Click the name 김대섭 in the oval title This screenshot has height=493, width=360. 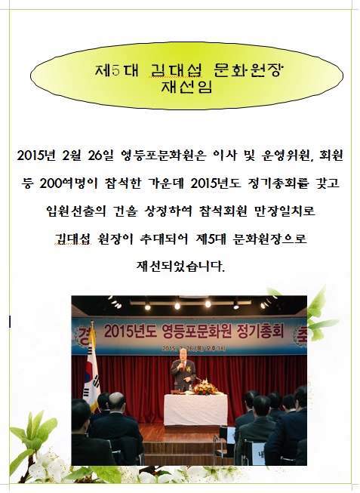pos(175,71)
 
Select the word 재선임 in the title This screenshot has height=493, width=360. pos(186,87)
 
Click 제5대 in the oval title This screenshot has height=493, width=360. pos(117,71)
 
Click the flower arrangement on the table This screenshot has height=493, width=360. pos(205,387)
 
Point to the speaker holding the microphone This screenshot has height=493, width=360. pos(183,375)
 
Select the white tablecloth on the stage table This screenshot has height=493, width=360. pos(195,409)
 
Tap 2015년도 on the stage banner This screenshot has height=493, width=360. pos(131,331)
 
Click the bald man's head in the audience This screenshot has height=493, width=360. pos(116,401)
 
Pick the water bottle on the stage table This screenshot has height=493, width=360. pos(190,387)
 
